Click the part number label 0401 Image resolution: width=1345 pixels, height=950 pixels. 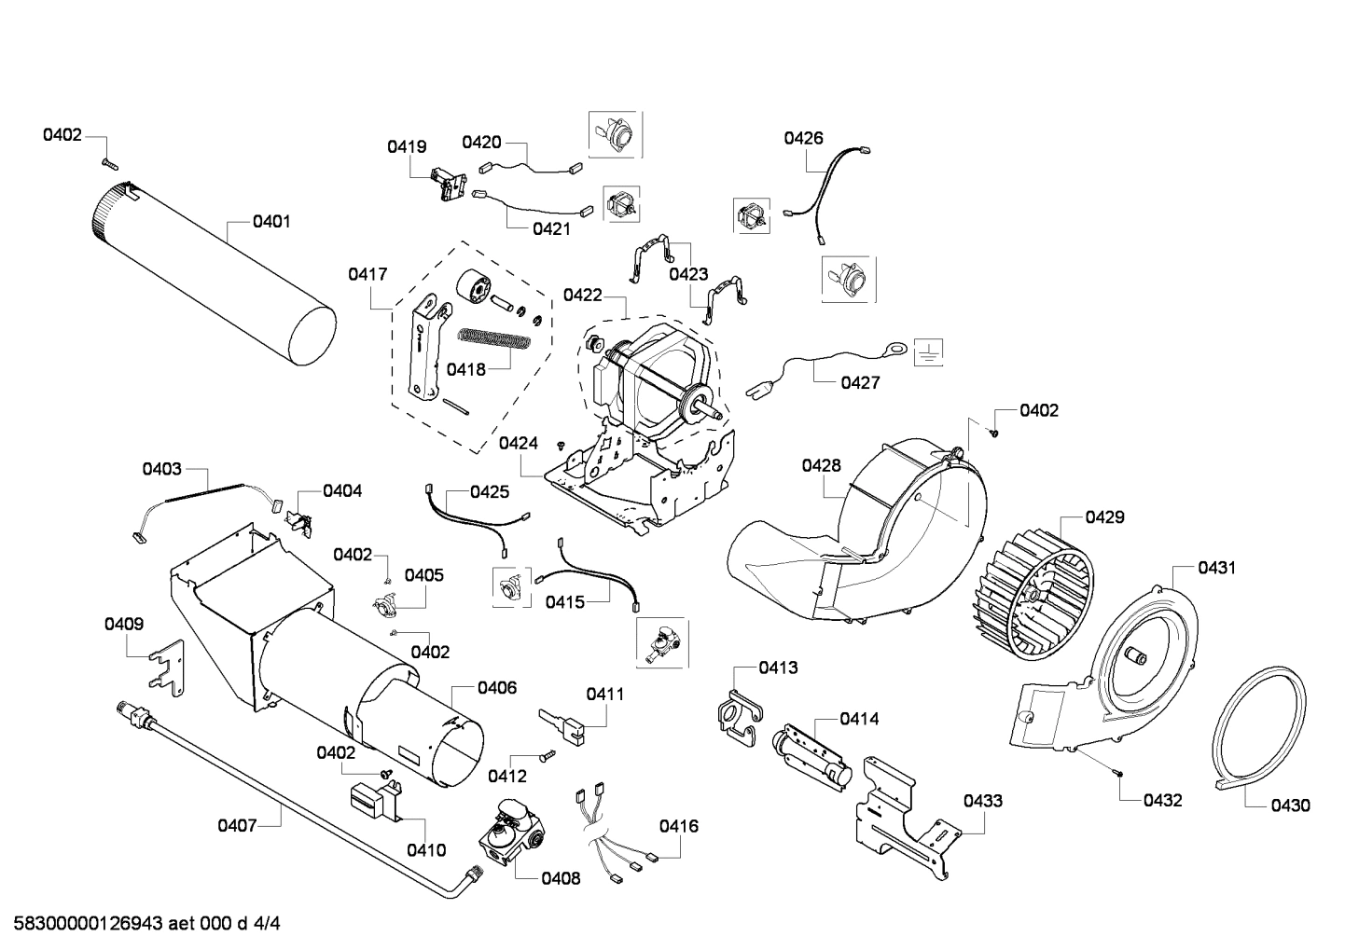(271, 221)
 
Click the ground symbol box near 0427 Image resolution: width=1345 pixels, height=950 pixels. (928, 351)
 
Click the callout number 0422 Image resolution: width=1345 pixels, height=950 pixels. (583, 295)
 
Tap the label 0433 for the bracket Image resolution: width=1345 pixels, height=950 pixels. (983, 800)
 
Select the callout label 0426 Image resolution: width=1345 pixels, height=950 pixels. (803, 138)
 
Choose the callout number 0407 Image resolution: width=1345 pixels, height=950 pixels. (237, 824)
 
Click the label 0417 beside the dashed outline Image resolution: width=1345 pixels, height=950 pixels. (367, 274)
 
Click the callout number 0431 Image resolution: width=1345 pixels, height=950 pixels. (1217, 567)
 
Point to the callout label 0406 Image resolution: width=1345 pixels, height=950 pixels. (497, 687)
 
